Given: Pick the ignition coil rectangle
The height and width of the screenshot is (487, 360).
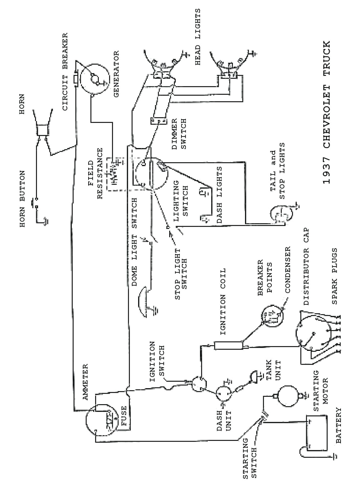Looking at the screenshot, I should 228,346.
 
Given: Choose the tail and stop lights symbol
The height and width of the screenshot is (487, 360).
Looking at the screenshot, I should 281,215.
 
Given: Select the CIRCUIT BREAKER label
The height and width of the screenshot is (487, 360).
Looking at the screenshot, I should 65,72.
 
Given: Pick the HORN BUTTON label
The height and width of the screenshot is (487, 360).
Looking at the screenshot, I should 22,199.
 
